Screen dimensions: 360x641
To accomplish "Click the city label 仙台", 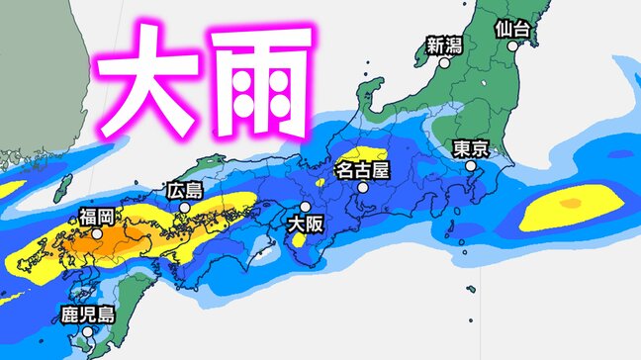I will click(x=515, y=29).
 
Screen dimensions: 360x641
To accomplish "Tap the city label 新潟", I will click(x=443, y=45).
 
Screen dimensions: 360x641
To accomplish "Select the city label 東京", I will click(x=470, y=148).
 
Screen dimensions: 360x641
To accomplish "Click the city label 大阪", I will click(x=305, y=225).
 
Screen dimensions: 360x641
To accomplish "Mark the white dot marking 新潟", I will click(x=444, y=62).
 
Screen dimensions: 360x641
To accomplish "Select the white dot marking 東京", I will click(x=471, y=167).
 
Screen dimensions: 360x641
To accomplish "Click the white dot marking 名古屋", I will click(x=363, y=187).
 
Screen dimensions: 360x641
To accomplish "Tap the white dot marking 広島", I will click(x=185, y=208).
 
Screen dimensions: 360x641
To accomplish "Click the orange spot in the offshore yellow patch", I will click(x=570, y=204).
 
